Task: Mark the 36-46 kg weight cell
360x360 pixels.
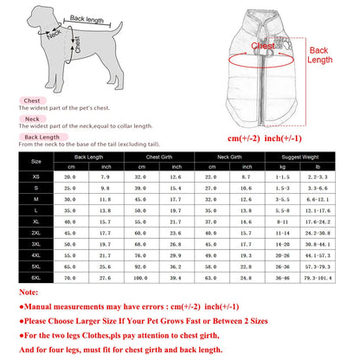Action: [281, 278]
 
